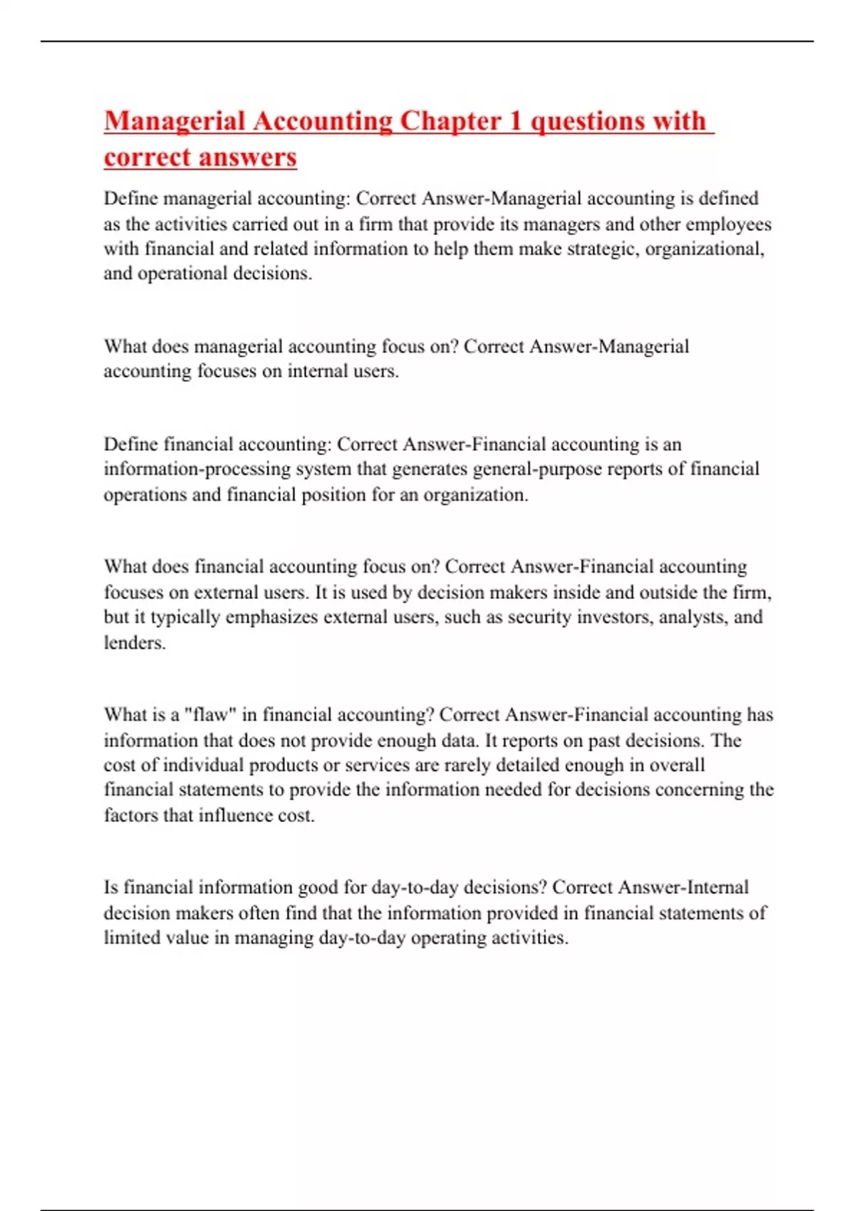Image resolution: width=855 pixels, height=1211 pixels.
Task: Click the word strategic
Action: click(x=599, y=249)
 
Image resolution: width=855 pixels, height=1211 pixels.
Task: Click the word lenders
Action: click(x=135, y=643)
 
